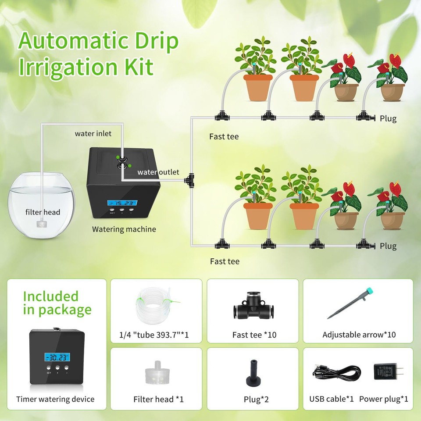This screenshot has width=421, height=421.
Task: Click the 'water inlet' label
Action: [93, 133]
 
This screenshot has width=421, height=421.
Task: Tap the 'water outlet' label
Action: [158, 172]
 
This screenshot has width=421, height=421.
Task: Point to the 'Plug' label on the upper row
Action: [388, 119]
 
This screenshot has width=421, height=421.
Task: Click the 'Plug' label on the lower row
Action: [388, 246]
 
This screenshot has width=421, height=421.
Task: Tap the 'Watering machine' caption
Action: [124, 229]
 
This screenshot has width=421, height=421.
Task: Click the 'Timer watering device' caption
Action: [55, 399]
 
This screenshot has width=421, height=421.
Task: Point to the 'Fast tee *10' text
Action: [254, 335]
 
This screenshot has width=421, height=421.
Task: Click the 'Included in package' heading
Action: [57, 303]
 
